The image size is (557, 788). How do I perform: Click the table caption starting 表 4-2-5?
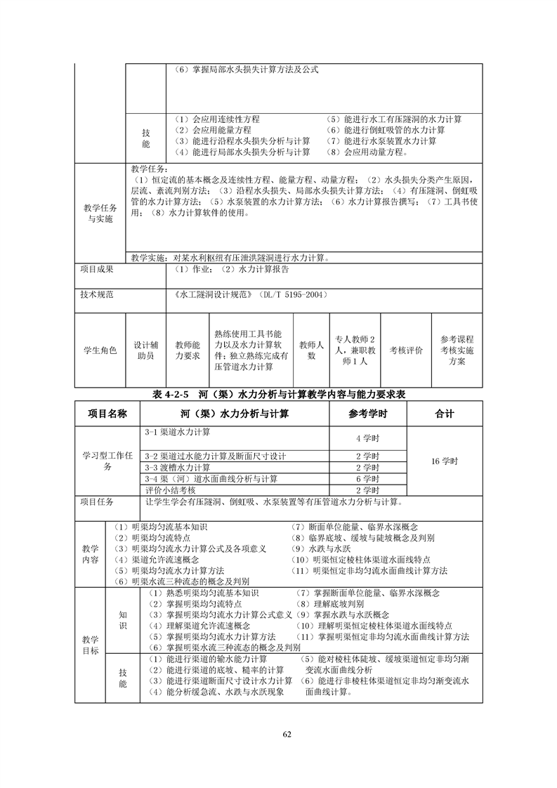pyautogui.click(x=279, y=395)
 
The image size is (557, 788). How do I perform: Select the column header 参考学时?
pyautogui.click(x=367, y=414)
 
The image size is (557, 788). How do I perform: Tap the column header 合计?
pyautogui.click(x=445, y=414)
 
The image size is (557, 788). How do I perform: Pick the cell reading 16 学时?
pyautogui.click(x=445, y=461)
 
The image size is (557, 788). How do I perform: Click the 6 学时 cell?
pyautogui.click(x=367, y=479)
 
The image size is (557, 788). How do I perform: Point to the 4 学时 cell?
pyautogui.click(x=367, y=438)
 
